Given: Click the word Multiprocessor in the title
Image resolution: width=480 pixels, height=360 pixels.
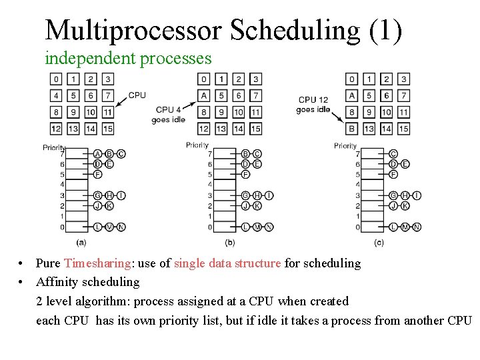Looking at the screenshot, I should [x=133, y=31].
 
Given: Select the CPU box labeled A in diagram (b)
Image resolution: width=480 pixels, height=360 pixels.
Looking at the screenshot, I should [x=205, y=95].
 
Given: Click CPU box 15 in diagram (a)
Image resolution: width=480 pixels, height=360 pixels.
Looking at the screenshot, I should [x=107, y=128].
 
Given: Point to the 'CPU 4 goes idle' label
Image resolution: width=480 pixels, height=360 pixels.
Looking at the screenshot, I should [x=166, y=115].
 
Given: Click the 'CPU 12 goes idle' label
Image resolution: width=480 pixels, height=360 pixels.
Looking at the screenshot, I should [x=313, y=105].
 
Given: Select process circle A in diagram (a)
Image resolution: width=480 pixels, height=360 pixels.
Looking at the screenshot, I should [x=98, y=154].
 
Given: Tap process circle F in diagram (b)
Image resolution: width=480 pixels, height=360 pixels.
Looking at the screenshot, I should [x=246, y=174].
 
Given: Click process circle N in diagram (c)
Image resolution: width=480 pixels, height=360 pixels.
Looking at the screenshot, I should [x=417, y=227].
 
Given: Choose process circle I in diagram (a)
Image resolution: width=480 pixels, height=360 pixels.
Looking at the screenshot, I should [x=121, y=195].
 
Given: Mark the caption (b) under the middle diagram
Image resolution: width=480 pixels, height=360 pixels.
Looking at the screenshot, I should [x=230, y=243].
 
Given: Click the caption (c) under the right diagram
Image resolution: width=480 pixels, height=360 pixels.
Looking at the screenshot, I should [x=378, y=243].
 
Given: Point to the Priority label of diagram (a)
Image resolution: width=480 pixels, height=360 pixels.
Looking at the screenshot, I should [x=53, y=147].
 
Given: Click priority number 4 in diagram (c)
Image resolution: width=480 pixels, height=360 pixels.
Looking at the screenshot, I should [x=358, y=184].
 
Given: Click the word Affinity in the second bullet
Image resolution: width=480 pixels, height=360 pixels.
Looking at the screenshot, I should [x=56, y=282].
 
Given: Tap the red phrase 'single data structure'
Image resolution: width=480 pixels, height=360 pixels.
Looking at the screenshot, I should [x=227, y=263].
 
